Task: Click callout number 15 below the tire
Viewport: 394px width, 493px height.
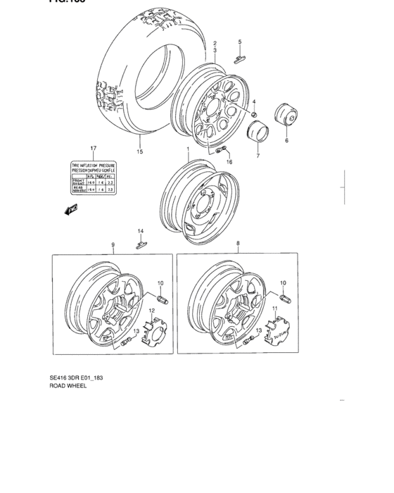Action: [140, 151]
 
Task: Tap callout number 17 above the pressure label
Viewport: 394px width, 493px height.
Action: [92, 147]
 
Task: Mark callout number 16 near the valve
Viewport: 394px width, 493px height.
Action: [228, 161]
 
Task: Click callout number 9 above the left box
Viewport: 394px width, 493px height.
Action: [113, 244]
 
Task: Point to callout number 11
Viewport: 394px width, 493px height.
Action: [275, 309]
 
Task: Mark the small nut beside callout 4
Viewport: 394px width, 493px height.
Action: [254, 114]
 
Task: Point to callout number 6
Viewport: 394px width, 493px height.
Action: [286, 141]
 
